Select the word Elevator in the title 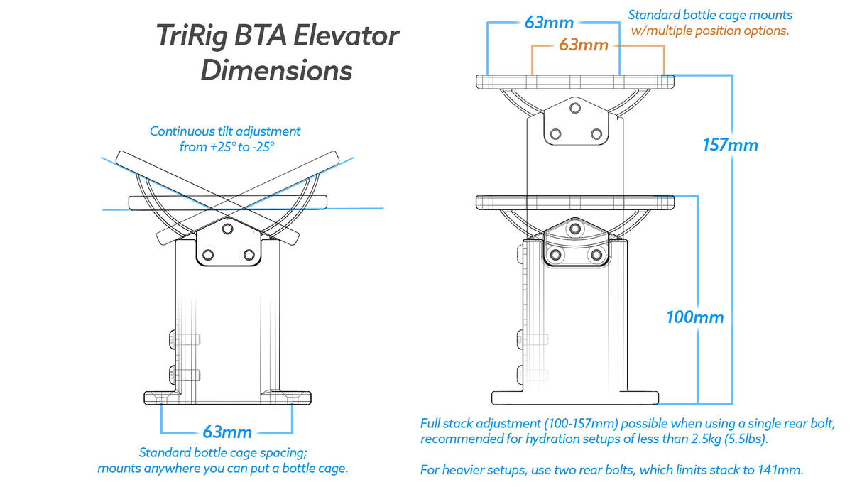(x=348, y=37)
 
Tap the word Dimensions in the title (x=276, y=71)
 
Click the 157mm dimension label (x=730, y=145)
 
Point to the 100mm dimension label (x=694, y=317)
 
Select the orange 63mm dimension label (x=583, y=45)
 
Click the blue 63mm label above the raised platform (x=549, y=22)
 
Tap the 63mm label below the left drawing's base (x=227, y=432)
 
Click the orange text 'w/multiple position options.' (x=709, y=31)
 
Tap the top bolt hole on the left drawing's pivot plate (x=227, y=229)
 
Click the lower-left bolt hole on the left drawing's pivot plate (x=207, y=254)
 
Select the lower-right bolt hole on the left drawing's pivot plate (x=249, y=254)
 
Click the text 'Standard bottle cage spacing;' (x=222, y=453)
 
